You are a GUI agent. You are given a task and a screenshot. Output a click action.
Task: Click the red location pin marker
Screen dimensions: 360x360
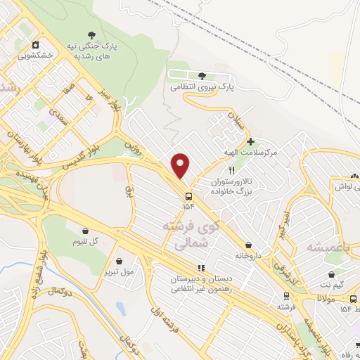(x=181, y=165)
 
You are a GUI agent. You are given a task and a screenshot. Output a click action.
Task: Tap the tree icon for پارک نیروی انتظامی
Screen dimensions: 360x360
(x=202, y=76)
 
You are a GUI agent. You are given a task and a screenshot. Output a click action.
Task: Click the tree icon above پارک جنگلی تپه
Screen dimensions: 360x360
(x=91, y=35)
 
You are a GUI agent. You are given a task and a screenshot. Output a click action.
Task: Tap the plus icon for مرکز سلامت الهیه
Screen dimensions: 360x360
(x=250, y=141)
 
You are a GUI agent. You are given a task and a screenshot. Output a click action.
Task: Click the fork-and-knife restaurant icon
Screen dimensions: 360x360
(x=231, y=170)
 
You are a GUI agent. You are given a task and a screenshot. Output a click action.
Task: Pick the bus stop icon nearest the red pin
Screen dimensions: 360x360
(x=188, y=196)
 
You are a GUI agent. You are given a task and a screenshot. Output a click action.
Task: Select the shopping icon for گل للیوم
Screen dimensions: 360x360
(x=85, y=231)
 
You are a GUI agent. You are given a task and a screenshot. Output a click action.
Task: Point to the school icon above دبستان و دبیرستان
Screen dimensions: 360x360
(x=200, y=268)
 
